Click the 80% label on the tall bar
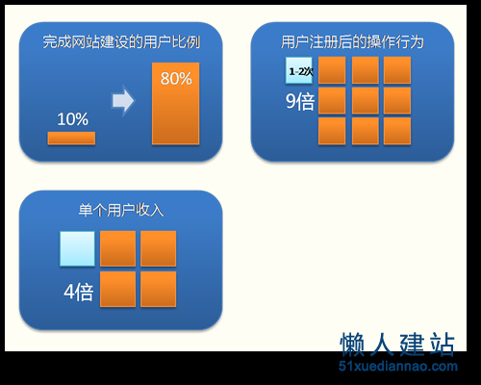(176, 78)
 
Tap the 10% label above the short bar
(72, 119)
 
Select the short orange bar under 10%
(71, 139)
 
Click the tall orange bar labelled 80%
(175, 103)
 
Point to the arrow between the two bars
(123, 101)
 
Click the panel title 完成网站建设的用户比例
(121, 42)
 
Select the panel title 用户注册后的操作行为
(352, 42)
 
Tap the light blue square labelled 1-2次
(299, 70)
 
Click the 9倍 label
(300, 102)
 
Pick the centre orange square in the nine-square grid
(366, 100)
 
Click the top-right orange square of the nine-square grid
(397, 70)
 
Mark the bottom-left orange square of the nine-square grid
(332, 131)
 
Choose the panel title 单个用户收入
(121, 210)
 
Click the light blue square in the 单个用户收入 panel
(77, 248)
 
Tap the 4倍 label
(79, 292)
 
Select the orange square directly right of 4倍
(117, 289)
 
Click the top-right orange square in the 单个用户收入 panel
(158, 248)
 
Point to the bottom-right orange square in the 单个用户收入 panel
(158, 289)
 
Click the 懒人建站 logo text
(397, 345)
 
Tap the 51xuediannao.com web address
(398, 366)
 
